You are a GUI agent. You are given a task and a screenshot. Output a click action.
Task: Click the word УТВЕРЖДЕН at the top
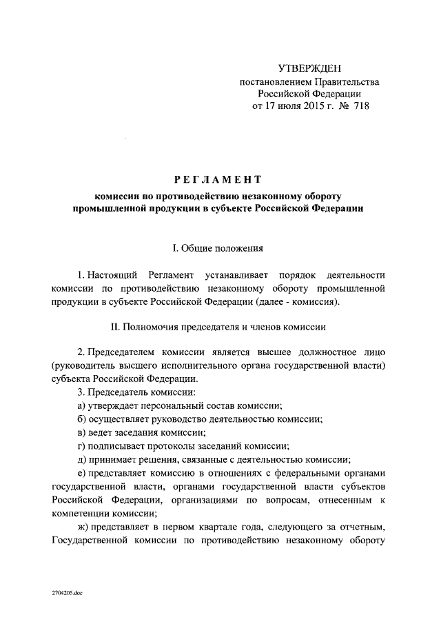(x=309, y=68)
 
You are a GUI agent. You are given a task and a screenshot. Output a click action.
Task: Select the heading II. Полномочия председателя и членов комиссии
(x=218, y=326)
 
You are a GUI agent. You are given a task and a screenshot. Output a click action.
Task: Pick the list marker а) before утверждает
(x=82, y=405)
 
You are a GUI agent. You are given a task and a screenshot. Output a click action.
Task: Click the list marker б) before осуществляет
(x=82, y=419)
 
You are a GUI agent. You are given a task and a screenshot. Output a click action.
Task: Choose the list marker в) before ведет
(x=82, y=432)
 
